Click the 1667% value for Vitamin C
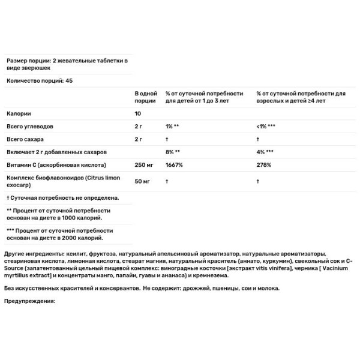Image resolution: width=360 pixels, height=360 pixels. tap(174, 164)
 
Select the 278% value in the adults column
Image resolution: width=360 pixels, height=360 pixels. tap(263, 164)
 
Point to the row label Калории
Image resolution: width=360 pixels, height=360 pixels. tap(18, 113)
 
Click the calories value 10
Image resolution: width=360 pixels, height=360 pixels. tap(139, 113)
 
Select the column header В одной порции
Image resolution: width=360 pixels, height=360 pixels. tap(146, 97)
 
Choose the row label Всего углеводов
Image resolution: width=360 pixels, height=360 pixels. tap(30, 126)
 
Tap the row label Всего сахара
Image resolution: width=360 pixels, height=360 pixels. tap(25, 139)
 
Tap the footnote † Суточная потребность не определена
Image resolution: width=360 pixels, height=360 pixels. tap(62, 197)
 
